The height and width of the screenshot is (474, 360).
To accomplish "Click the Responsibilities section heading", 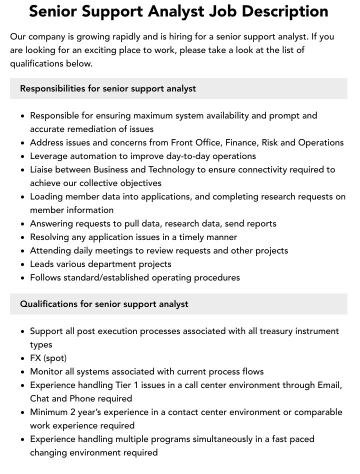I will click(x=108, y=88).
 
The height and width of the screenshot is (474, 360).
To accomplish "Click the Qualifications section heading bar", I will click(x=178, y=304).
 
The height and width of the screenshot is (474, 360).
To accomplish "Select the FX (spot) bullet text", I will click(x=48, y=358).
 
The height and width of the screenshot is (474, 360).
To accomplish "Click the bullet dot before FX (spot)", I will click(x=23, y=358).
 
